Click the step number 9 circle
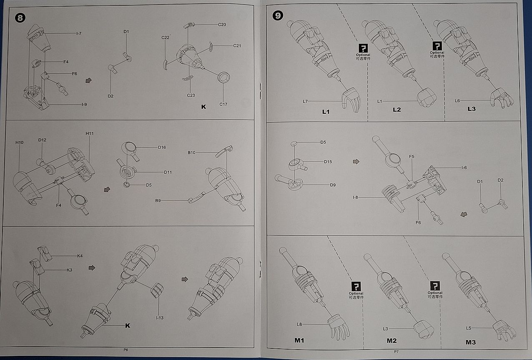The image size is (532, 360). (278, 16)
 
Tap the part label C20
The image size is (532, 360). (222, 25)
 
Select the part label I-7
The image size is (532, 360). (78, 33)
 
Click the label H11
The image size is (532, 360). (90, 133)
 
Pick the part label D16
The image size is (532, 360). (162, 147)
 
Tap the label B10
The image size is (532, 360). (191, 153)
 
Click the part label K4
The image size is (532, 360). (80, 256)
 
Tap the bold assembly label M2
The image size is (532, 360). (391, 341)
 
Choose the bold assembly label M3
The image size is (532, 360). (471, 342)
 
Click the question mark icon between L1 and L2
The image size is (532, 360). (363, 48)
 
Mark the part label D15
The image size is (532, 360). (328, 162)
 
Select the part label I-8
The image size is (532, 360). (355, 197)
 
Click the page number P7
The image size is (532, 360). (396, 352)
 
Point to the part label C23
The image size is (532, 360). (191, 95)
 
